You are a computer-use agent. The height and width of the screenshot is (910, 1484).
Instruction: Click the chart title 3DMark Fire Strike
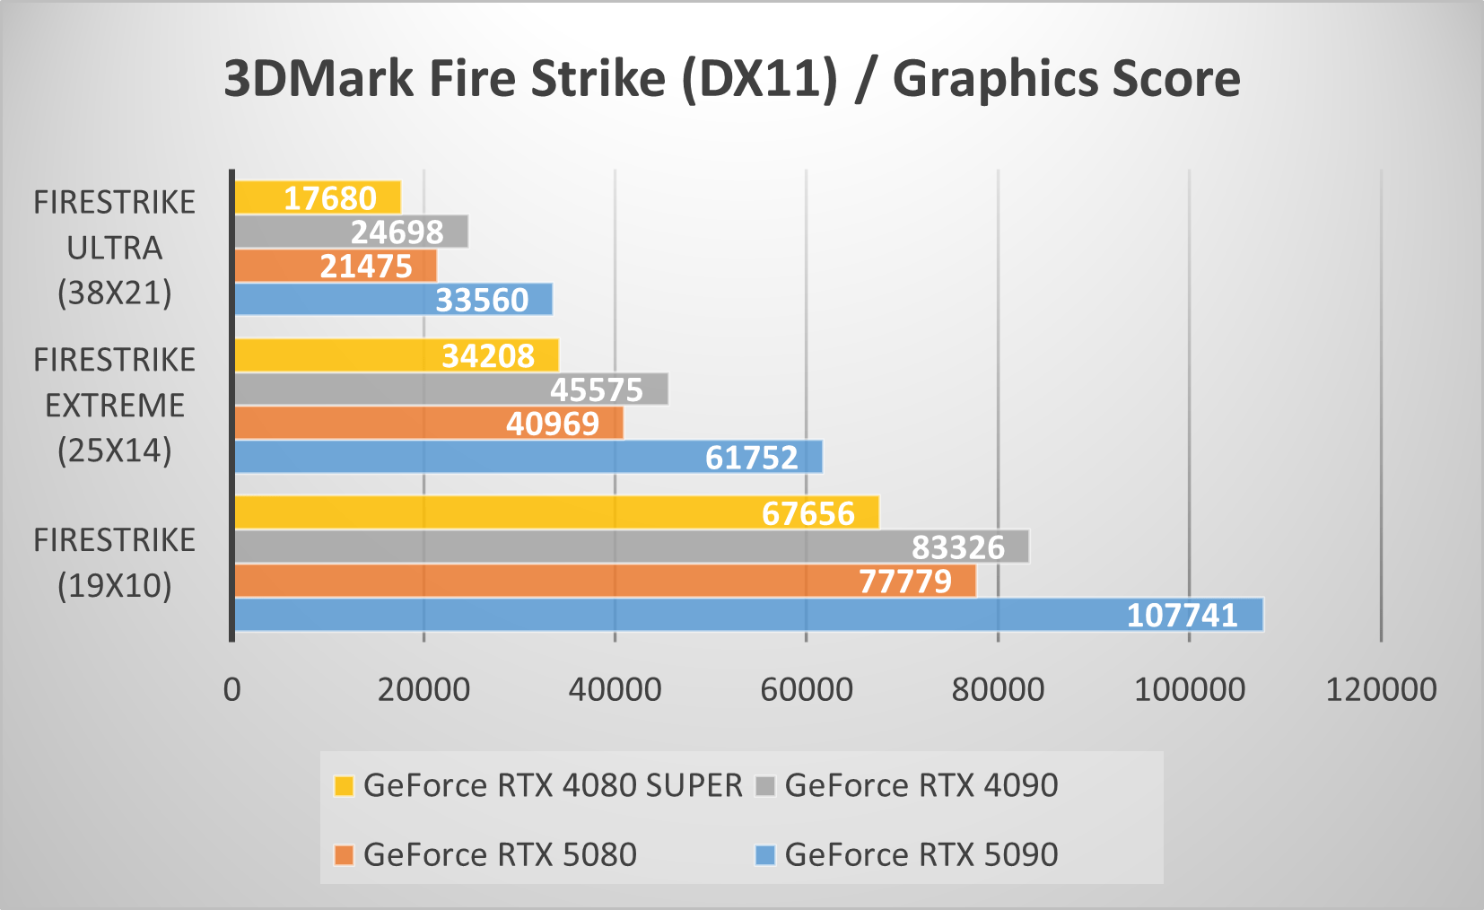coord(731,79)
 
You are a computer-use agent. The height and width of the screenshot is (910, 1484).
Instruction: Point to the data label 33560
coord(482,300)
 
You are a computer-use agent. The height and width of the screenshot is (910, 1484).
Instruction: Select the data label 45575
coord(597,390)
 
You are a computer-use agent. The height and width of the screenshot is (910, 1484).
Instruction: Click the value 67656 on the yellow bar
coord(807,513)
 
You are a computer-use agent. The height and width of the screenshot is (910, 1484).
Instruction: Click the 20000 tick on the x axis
coord(423,689)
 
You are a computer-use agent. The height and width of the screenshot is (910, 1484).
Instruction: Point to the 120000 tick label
coord(1381,689)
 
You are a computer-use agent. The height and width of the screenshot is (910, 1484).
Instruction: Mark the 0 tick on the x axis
coord(232,689)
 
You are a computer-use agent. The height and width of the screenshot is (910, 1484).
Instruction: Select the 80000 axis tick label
coord(998,689)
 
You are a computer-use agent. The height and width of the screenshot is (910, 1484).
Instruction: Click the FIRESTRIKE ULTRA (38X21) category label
coord(115,248)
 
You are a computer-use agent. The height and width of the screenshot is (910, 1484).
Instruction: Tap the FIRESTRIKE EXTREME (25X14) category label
coord(115,406)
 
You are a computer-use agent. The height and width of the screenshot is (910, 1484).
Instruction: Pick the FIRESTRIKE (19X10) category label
coord(115,563)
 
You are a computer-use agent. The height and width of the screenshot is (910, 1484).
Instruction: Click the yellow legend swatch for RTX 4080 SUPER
coord(344,786)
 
